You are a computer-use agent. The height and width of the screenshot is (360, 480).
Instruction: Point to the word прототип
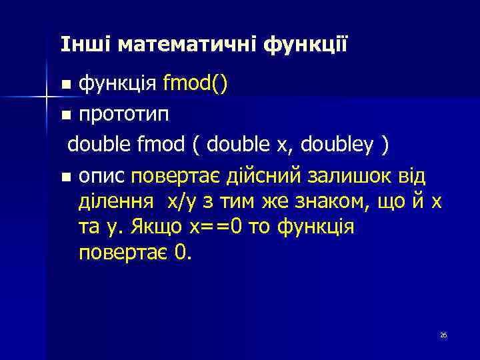(x=124, y=114)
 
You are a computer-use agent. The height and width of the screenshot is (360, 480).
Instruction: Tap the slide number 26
(x=443, y=335)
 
